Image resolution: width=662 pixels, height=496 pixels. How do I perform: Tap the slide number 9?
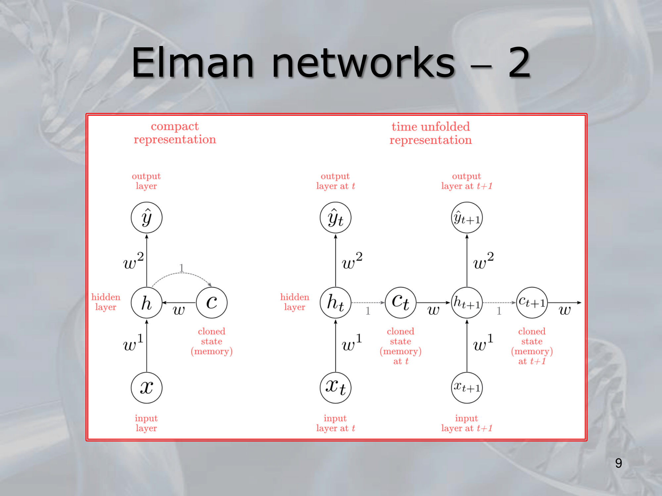click(x=618, y=463)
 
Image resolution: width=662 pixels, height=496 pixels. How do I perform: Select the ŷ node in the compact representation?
click(x=147, y=218)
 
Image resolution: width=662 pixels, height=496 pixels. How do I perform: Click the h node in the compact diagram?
click(x=147, y=303)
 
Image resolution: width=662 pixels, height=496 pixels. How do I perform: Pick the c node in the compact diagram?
click(x=212, y=303)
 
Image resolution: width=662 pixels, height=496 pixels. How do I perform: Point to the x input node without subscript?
click(x=147, y=388)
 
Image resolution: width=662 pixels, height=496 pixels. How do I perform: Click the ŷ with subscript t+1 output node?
click(x=467, y=218)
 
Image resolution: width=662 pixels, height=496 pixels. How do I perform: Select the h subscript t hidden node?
click(x=335, y=303)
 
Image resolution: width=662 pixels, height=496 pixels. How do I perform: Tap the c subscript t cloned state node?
click(x=401, y=303)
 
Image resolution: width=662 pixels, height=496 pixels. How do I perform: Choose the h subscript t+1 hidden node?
click(x=467, y=303)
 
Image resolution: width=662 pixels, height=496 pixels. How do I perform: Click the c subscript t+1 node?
click(x=532, y=303)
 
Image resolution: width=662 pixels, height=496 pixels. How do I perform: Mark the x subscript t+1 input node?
click(x=467, y=388)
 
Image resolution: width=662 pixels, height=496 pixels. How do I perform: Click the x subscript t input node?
click(x=335, y=388)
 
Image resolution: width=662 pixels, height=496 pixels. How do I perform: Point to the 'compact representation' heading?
click(x=175, y=133)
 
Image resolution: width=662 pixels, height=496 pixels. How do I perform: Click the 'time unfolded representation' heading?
click(x=431, y=133)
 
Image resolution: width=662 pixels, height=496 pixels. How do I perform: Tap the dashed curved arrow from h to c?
click(x=181, y=274)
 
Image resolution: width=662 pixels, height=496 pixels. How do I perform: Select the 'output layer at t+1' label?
click(x=467, y=181)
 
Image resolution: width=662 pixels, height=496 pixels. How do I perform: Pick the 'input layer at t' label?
click(x=335, y=423)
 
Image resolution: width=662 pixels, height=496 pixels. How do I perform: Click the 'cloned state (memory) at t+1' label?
click(x=532, y=346)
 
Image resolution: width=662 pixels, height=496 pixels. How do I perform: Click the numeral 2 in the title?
click(x=519, y=63)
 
